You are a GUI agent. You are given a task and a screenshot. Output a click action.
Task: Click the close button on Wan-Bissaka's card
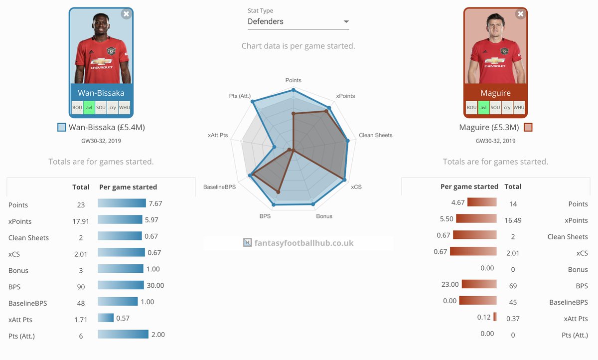coord(126,14)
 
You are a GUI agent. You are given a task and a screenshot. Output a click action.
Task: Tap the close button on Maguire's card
coord(521,14)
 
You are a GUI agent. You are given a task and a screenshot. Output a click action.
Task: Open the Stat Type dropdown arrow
coord(346,22)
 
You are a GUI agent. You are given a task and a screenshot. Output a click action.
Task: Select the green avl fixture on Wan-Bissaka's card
coord(89,108)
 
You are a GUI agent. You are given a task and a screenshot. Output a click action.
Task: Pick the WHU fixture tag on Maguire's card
coord(519,108)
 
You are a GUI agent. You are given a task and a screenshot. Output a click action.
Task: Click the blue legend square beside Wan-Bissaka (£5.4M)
coord(62,127)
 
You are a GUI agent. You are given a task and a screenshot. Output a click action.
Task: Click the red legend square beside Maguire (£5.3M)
coord(528,127)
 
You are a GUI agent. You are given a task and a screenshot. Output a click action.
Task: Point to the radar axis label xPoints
coord(345,96)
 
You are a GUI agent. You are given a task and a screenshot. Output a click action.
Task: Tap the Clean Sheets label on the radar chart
coord(375,135)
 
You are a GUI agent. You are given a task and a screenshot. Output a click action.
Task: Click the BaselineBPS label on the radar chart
coord(219,186)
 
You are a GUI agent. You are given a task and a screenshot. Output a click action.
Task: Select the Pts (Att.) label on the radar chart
coord(240,96)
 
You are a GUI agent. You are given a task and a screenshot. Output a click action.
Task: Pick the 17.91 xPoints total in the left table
coord(80,221)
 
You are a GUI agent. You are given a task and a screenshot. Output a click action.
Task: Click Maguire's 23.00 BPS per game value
coord(449,284)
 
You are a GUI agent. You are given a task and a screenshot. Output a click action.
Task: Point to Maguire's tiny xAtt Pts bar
coord(495,317)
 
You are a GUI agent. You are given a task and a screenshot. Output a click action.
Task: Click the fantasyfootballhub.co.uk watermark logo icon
coord(247,243)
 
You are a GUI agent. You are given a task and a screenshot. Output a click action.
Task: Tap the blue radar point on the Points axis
coord(294,90)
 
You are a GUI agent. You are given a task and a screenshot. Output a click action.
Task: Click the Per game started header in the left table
coord(128,187)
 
